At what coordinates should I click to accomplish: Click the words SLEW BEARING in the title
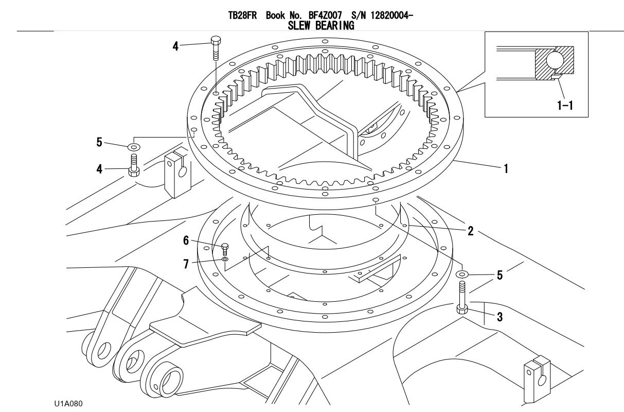tap(320, 26)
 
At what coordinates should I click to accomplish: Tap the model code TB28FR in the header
tap(244, 16)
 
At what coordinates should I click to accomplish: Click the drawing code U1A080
tap(68, 402)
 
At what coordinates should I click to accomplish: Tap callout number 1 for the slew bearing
tap(506, 168)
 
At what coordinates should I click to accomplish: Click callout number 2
tap(470, 231)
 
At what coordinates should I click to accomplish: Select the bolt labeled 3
tap(462, 299)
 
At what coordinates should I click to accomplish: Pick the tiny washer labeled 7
tap(225, 260)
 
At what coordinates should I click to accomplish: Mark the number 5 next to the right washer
tap(499, 276)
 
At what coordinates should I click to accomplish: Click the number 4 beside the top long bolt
tap(175, 46)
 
